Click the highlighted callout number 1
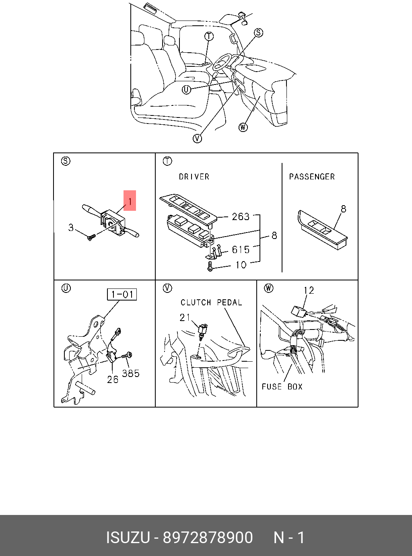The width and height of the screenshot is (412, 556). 130,200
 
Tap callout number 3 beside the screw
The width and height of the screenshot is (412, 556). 71,228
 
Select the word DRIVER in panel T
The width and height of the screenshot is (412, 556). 194,177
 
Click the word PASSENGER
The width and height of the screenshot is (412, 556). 312,177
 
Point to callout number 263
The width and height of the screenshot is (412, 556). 241,216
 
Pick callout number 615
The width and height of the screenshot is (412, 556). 241,250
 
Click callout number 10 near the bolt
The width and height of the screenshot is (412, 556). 241,265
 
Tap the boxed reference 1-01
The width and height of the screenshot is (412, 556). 122,294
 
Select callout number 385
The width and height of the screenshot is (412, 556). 131,373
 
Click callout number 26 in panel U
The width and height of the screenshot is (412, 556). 113,379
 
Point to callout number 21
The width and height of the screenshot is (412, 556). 185,318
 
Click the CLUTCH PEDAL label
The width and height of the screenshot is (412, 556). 211,303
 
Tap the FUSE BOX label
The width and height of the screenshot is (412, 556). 282,387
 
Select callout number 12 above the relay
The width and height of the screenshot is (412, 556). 309,290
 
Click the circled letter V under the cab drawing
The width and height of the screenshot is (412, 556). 197,138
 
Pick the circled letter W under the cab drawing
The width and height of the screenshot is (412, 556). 243,128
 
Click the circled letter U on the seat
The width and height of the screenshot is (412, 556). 186,90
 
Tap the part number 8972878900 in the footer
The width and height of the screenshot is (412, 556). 208,537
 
